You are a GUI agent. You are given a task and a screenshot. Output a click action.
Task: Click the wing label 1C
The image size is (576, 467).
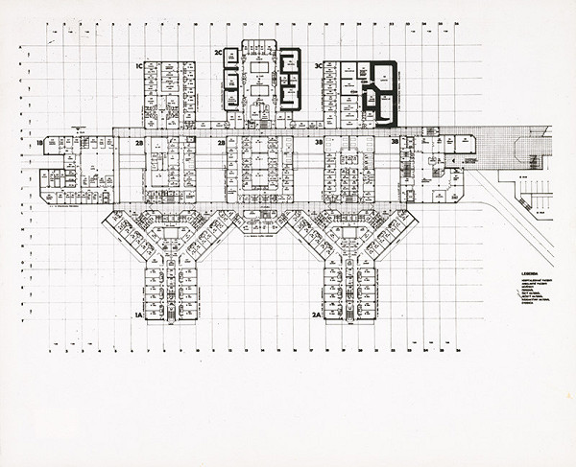click(x=139, y=65)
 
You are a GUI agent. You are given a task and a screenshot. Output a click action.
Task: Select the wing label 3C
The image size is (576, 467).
click(x=318, y=65)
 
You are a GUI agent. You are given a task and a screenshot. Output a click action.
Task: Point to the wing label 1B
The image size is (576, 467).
click(x=39, y=143)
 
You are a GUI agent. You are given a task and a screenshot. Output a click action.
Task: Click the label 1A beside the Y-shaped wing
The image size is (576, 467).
click(x=138, y=315)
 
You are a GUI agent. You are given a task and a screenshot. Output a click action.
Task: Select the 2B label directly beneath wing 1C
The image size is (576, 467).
click(x=139, y=143)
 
